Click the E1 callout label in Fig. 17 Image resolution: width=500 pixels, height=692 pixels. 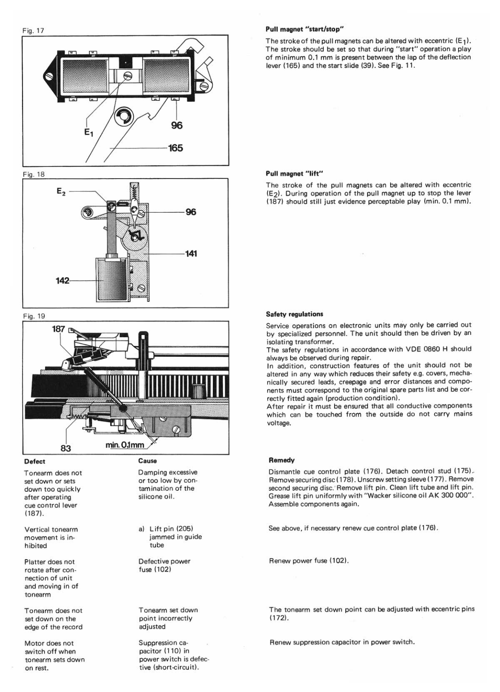88,134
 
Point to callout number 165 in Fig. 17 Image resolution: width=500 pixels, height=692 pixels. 176,148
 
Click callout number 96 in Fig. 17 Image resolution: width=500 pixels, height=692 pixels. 176,125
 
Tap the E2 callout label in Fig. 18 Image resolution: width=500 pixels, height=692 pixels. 61,190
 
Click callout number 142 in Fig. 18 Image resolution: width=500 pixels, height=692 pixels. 63,281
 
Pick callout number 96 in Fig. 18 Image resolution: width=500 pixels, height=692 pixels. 190,212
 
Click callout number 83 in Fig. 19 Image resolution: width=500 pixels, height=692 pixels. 65,449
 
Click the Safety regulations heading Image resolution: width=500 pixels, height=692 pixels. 294,314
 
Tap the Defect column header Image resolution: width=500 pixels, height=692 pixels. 35,461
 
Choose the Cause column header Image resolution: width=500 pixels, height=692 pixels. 147,461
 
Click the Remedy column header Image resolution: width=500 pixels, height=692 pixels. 282,460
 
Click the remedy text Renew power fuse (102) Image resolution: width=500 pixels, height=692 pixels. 309,561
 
